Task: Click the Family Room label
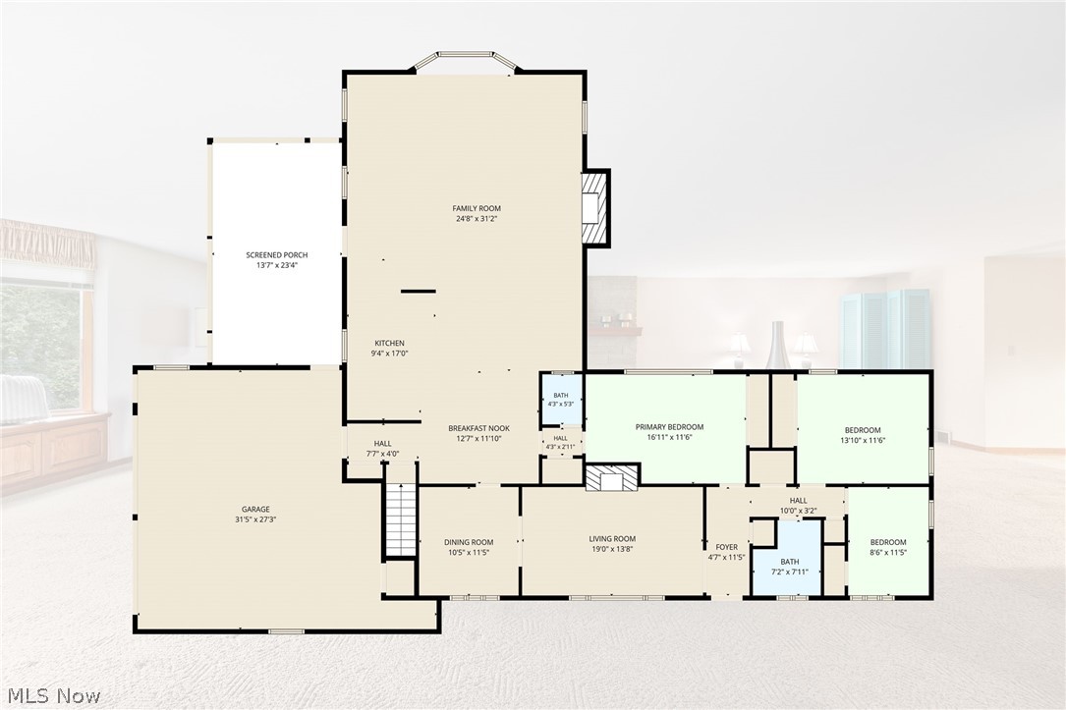point(477,208)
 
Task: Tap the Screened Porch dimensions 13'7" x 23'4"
point(277,266)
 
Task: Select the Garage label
point(255,509)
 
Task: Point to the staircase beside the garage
point(401,520)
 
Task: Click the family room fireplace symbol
point(594,207)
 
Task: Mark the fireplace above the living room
point(612,477)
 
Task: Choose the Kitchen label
point(389,343)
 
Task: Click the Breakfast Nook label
point(478,428)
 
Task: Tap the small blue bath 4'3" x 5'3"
point(561,400)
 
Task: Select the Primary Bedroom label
point(670,427)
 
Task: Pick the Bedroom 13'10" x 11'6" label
point(863,430)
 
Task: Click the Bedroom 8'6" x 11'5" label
point(888,542)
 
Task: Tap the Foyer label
point(727,547)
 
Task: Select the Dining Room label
point(469,542)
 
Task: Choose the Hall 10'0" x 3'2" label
point(799,501)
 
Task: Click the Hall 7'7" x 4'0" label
point(383,444)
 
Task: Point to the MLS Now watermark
point(54,695)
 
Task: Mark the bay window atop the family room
point(467,59)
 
